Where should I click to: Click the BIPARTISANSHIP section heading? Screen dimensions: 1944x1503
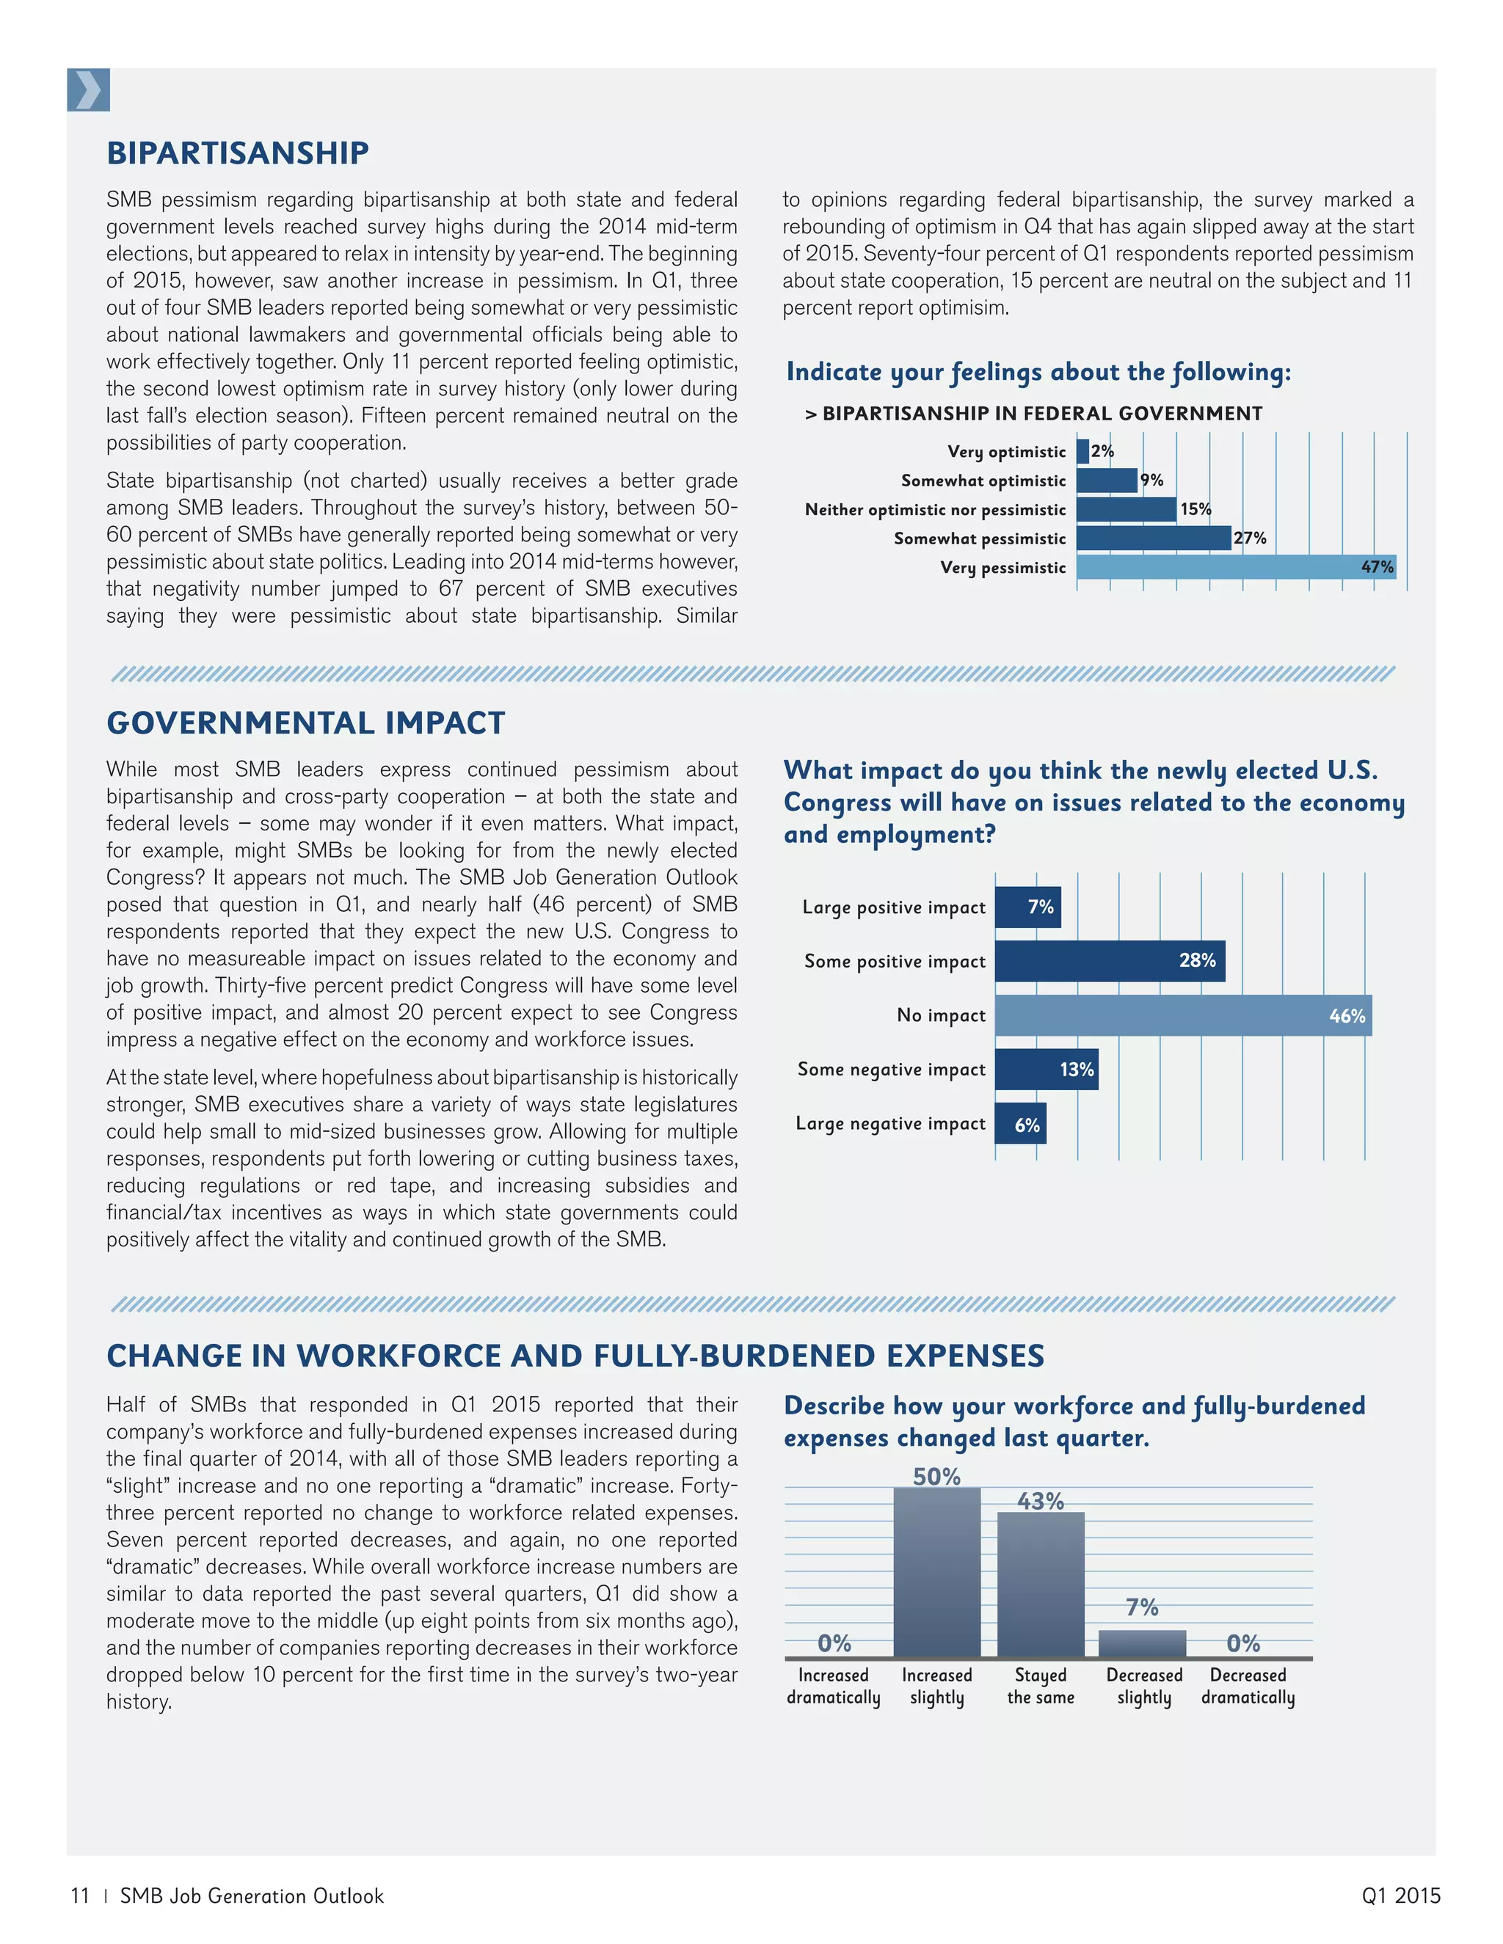click(237, 153)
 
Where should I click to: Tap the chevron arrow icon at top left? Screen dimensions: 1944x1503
click(88, 90)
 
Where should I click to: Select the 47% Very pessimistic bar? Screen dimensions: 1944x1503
click(1235, 567)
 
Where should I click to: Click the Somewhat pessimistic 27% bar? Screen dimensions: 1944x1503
click(1153, 538)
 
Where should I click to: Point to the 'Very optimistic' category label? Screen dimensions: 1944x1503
click(1006, 452)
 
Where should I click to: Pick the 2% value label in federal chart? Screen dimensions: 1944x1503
click(1102, 451)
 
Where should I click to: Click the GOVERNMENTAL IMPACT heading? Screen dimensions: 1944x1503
click(305, 723)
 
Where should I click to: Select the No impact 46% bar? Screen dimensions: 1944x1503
click(1182, 1015)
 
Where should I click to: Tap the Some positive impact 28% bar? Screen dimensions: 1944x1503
click(1110, 961)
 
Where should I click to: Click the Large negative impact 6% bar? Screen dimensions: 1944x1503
click(1020, 1124)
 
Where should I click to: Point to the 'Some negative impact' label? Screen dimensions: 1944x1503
click(891, 1069)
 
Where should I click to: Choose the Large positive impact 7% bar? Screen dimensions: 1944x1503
click(1027, 907)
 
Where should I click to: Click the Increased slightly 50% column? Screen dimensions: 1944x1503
click(936, 1572)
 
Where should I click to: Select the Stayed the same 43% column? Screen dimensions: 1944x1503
click(1040, 1585)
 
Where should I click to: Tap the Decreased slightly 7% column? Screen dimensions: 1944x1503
click(1143, 1643)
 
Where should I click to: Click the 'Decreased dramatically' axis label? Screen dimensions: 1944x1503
click(1248, 1686)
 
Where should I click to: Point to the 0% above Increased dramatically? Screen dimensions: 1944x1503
click(834, 1643)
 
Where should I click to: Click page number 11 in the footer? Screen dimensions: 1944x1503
click(80, 1896)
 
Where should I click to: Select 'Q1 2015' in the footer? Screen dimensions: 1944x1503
click(1400, 1896)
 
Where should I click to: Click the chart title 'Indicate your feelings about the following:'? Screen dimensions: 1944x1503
click(1038, 372)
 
